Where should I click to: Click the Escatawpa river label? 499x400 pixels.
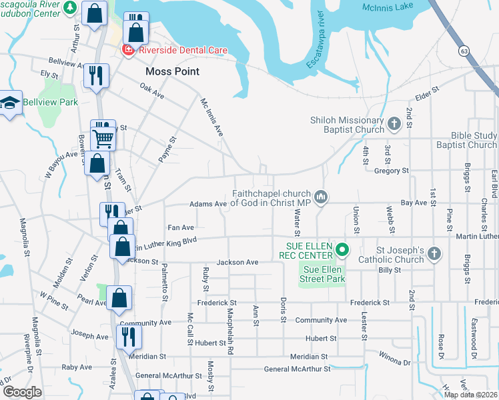[314, 41]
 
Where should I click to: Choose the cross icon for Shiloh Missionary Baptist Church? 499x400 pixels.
[394, 123]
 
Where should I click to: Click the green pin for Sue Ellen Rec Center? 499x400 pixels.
[342, 251]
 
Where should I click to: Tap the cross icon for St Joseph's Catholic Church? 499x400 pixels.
[434, 253]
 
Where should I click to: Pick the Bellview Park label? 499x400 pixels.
[51, 102]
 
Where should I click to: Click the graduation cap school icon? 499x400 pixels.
[10, 104]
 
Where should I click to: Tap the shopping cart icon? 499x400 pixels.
[103, 139]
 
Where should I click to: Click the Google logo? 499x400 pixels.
[22, 392]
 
